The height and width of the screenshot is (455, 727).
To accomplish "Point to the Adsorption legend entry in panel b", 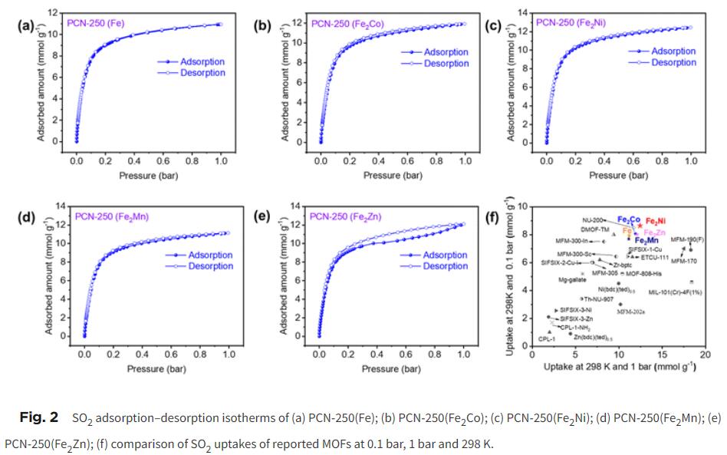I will click(x=446, y=52).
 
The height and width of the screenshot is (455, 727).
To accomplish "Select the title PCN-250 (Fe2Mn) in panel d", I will click(x=112, y=216).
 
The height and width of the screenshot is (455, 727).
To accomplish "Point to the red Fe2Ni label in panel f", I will click(x=656, y=221).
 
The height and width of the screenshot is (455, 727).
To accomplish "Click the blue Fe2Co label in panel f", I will click(x=630, y=219).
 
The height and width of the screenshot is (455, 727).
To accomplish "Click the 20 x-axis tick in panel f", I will click(x=705, y=354).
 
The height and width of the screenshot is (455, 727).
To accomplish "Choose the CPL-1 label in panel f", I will click(x=547, y=338).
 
